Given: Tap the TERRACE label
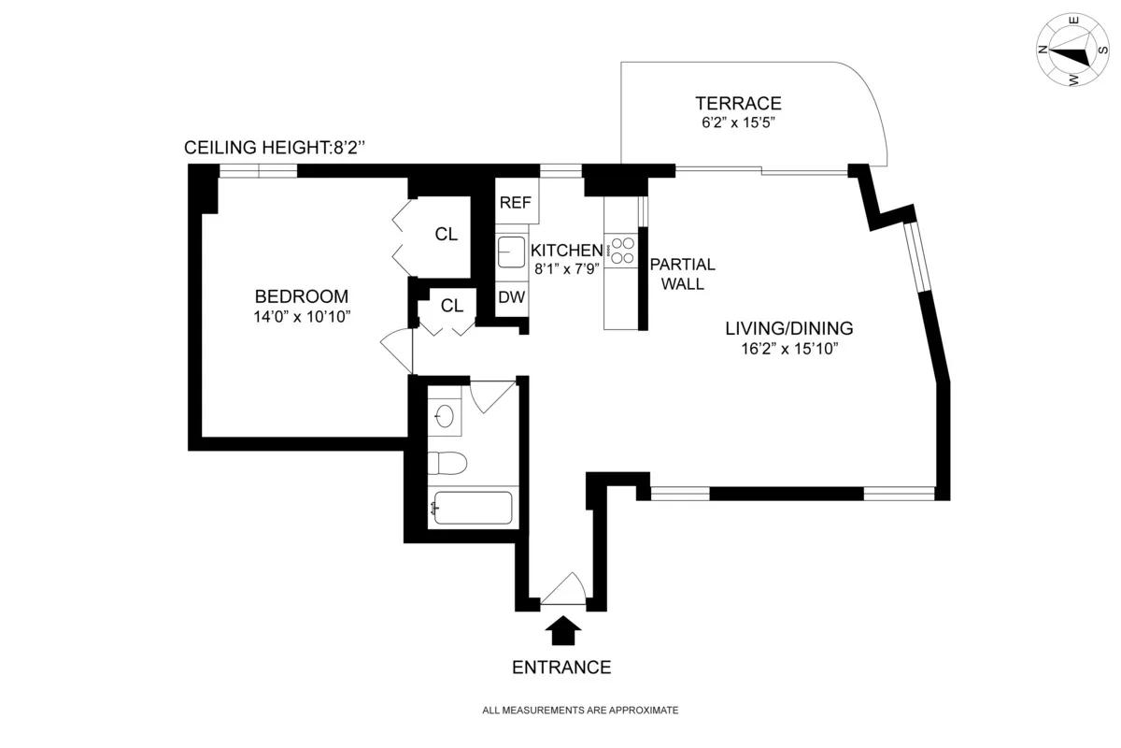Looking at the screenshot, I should [737, 104].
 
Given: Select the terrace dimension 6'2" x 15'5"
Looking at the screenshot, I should [737, 122].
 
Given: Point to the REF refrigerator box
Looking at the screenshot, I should [515, 203].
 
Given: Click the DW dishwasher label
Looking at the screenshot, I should [510, 298].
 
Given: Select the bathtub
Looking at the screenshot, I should [471, 510].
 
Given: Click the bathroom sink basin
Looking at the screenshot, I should [445, 414].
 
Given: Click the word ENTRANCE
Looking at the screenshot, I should [561, 668].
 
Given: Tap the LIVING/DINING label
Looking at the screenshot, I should [789, 328].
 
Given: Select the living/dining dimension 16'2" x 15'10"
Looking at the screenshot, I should [789, 350].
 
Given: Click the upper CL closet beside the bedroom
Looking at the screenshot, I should [447, 235].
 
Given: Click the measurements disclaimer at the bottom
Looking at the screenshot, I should [580, 711].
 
